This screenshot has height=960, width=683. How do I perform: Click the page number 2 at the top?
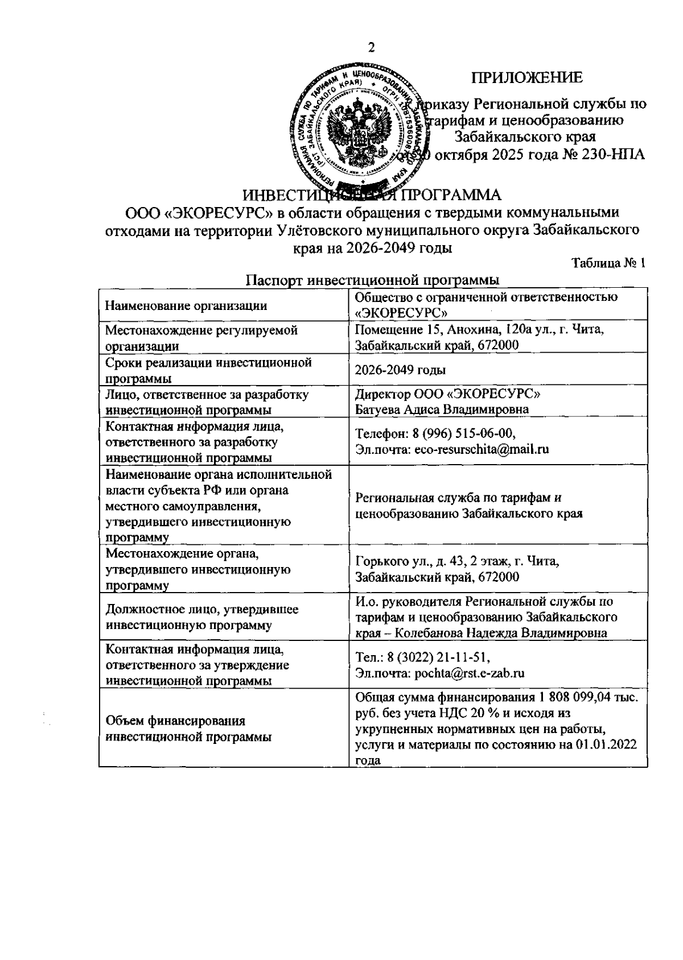(372, 48)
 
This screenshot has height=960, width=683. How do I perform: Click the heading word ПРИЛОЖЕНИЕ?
(526, 78)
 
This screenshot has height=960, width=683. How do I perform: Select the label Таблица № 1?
(608, 263)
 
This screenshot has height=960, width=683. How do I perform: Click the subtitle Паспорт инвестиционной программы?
(373, 280)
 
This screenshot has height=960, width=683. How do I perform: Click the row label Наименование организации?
(187, 306)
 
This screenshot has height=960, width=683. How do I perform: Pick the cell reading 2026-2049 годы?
(400, 370)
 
